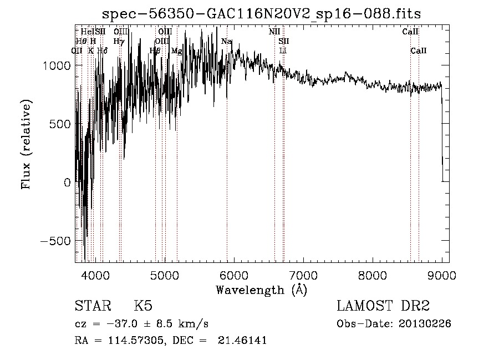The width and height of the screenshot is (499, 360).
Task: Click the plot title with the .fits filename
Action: pyautogui.click(x=266, y=14)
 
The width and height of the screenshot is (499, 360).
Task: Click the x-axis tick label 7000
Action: pyautogui.click(x=303, y=275)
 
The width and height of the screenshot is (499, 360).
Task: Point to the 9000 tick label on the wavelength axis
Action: pyautogui.click(x=442, y=275)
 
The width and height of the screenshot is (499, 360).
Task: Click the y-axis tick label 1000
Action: pyautogui.click(x=57, y=65)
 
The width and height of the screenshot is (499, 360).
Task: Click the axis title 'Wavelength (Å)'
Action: pyautogui.click(x=261, y=289)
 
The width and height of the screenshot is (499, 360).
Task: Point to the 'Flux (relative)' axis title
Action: pyautogui.click(x=26, y=144)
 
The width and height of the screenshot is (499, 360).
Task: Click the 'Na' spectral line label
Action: pyautogui.click(x=226, y=42)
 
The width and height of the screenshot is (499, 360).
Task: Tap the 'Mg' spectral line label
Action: pyautogui.click(x=176, y=51)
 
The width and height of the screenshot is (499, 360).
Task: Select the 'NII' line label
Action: pyautogui.click(x=274, y=32)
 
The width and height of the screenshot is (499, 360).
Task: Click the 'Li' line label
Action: pyautogui.click(x=283, y=51)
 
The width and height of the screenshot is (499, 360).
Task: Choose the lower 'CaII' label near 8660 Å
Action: pyautogui.click(x=418, y=51)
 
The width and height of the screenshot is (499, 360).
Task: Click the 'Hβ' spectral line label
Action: pyautogui.click(x=155, y=51)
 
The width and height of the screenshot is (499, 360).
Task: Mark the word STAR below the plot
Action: pyautogui.click(x=92, y=306)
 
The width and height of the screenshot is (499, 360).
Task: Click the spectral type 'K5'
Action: pyautogui.click(x=144, y=306)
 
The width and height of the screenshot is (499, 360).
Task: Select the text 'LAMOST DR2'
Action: pyautogui.click(x=383, y=306)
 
